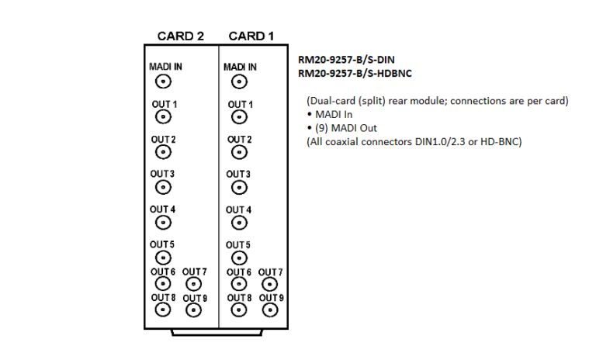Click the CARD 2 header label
(x=180, y=36)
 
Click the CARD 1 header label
(x=251, y=36)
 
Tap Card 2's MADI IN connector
(x=163, y=81)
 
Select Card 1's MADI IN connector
(x=239, y=81)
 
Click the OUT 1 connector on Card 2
(x=163, y=116)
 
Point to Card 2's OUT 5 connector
(x=163, y=258)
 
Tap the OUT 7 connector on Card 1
(x=271, y=285)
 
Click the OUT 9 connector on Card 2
(x=195, y=310)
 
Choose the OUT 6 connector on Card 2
(x=163, y=285)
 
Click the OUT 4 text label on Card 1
(x=239, y=210)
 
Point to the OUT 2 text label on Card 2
(x=163, y=140)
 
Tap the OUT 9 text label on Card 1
(x=271, y=298)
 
